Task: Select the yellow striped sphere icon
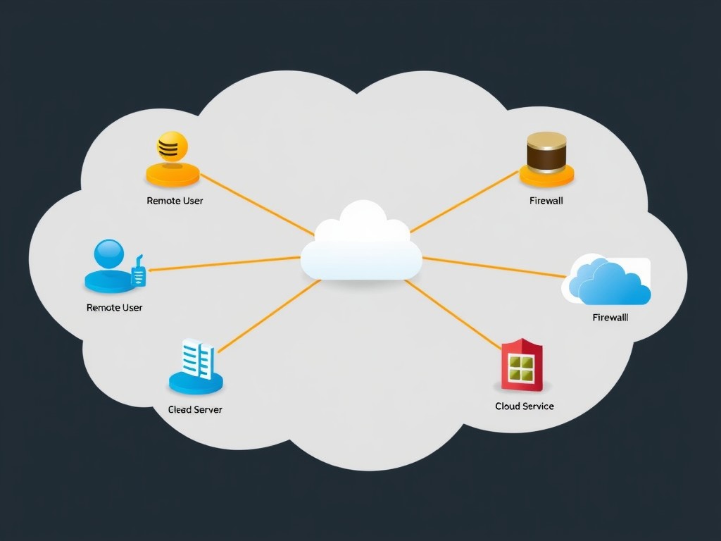coord(172,147)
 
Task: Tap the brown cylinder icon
coord(546,151)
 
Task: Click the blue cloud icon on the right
coord(610,282)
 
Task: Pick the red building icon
coord(522,365)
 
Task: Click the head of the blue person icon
coord(108,254)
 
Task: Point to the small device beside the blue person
coord(139,273)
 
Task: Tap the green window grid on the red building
coord(522,367)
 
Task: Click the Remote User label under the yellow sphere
coord(175,201)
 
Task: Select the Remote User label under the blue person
coord(114,308)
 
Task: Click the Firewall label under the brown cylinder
coord(546,201)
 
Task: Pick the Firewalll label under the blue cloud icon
coord(610,318)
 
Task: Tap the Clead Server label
coord(195,409)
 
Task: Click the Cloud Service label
coord(524,406)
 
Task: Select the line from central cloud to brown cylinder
coord(465,201)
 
